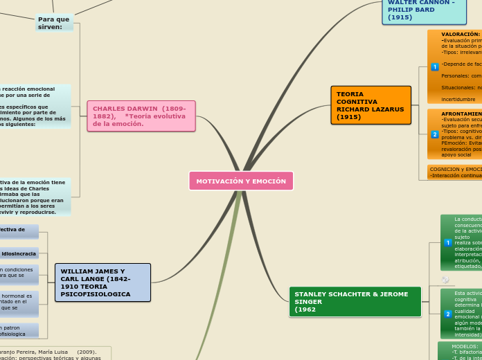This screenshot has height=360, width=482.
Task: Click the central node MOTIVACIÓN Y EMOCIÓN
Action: [241, 181]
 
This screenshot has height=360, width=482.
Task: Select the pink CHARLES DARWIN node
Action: [141, 116]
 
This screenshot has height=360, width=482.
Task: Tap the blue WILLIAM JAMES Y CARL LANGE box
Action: [102, 282]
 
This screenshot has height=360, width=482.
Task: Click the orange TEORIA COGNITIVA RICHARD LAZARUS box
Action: [371, 105]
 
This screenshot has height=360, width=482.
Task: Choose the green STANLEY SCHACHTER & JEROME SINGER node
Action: [355, 302]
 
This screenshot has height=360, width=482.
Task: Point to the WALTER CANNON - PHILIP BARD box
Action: [423, 10]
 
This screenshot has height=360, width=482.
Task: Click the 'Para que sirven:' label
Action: [54, 23]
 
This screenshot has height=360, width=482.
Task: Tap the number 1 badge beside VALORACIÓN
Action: [435, 67]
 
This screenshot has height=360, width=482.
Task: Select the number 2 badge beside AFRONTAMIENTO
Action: [435, 134]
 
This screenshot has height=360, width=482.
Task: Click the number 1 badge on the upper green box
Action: [448, 242]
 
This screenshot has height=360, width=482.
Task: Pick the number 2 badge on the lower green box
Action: [448, 314]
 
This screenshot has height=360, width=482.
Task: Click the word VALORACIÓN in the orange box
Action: [461, 34]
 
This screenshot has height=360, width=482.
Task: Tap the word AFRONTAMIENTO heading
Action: [462, 114]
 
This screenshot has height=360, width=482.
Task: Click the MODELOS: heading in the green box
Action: [465, 346]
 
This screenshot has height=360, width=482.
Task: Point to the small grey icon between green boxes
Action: [445, 280]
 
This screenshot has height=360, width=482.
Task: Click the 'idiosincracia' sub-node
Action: [19, 254]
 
